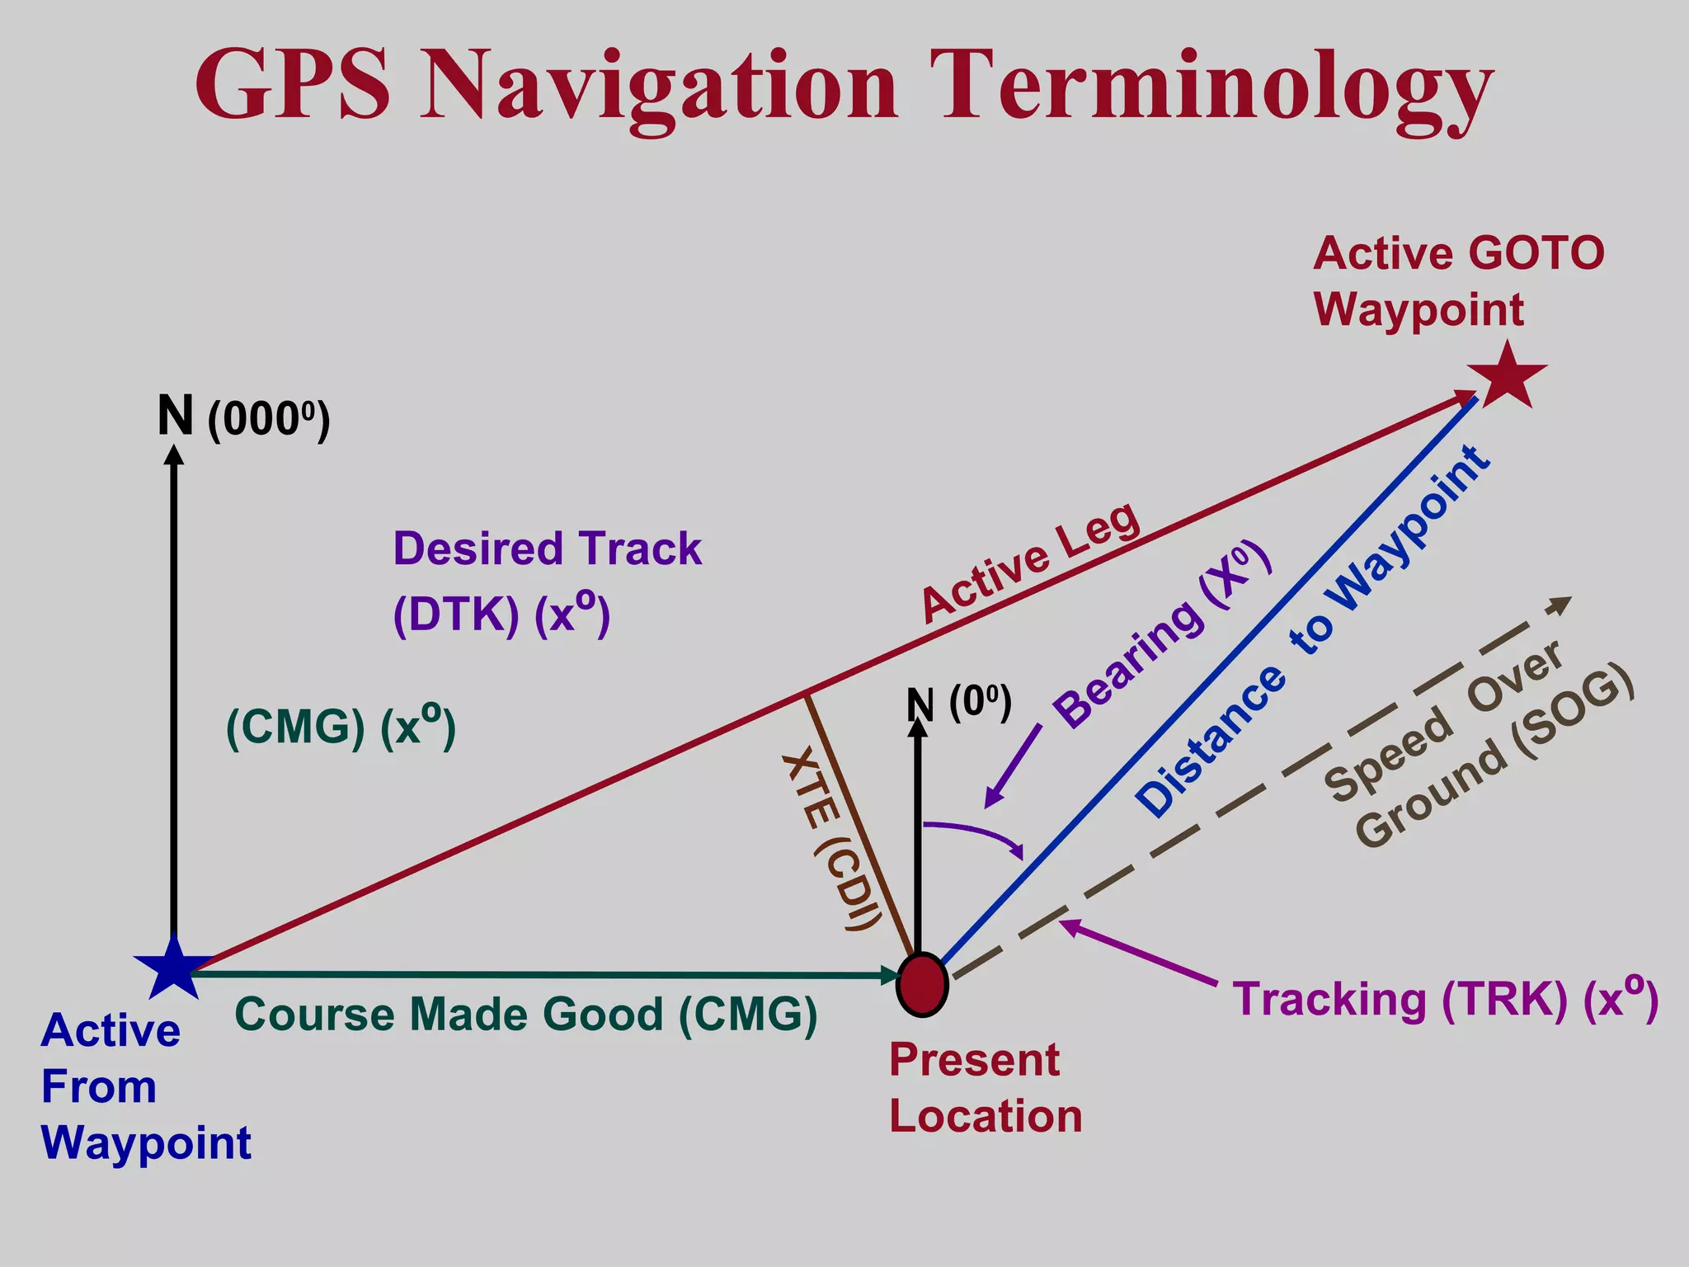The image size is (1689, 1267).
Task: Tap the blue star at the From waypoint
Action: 173,967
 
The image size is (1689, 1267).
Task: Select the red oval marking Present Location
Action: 922,984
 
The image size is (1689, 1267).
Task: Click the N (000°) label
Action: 244,417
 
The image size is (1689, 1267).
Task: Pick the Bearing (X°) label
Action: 1163,635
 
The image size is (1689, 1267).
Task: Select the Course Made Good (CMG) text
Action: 526,1014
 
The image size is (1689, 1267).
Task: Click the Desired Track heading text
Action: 547,549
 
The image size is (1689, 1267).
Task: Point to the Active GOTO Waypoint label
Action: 1458,280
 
